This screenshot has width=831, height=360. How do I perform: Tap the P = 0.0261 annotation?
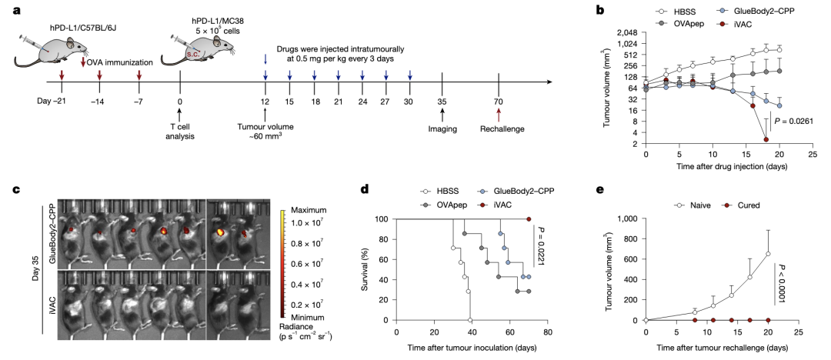[x=793, y=122]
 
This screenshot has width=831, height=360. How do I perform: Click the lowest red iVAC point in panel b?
[x=766, y=139]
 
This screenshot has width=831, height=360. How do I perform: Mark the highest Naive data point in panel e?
[x=768, y=253]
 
